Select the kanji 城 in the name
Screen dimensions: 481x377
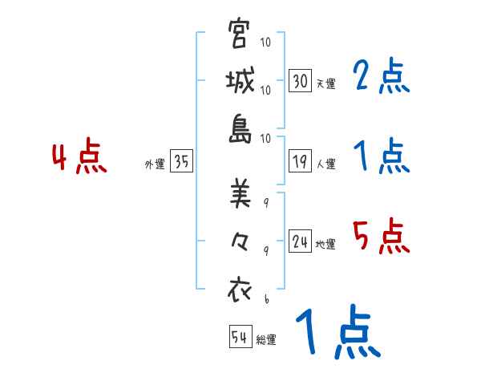(x=240, y=83)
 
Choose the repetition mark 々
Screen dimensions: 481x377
(x=240, y=241)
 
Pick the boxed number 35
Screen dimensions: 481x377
(x=182, y=162)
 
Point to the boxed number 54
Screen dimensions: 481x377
(x=240, y=337)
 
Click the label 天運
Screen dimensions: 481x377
(x=325, y=83)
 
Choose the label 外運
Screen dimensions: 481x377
(x=155, y=164)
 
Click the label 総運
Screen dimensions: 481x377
(x=265, y=339)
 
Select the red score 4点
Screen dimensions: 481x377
(x=79, y=158)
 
